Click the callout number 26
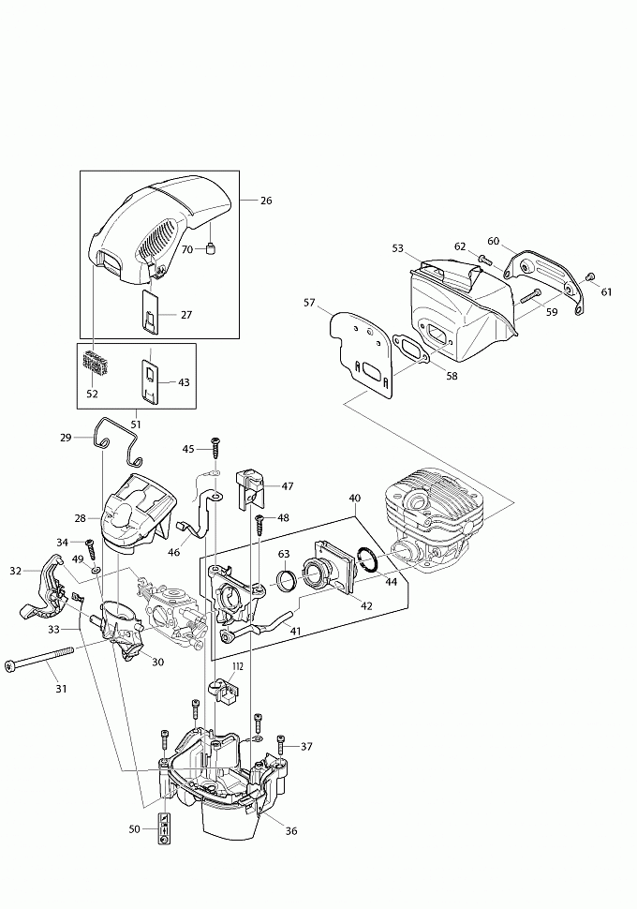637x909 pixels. point(266,200)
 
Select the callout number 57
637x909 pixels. point(309,302)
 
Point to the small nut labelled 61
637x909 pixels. point(590,276)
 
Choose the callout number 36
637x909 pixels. point(291,829)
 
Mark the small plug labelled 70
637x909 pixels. point(213,248)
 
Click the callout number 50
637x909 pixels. point(135,828)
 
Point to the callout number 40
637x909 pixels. point(354,498)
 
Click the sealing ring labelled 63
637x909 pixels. point(287,578)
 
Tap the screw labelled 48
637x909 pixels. point(259,519)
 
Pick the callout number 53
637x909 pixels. point(398,248)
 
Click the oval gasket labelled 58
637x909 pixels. point(411,347)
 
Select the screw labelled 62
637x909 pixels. point(482,259)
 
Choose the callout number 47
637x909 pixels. point(288,486)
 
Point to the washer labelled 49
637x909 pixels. point(96,568)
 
